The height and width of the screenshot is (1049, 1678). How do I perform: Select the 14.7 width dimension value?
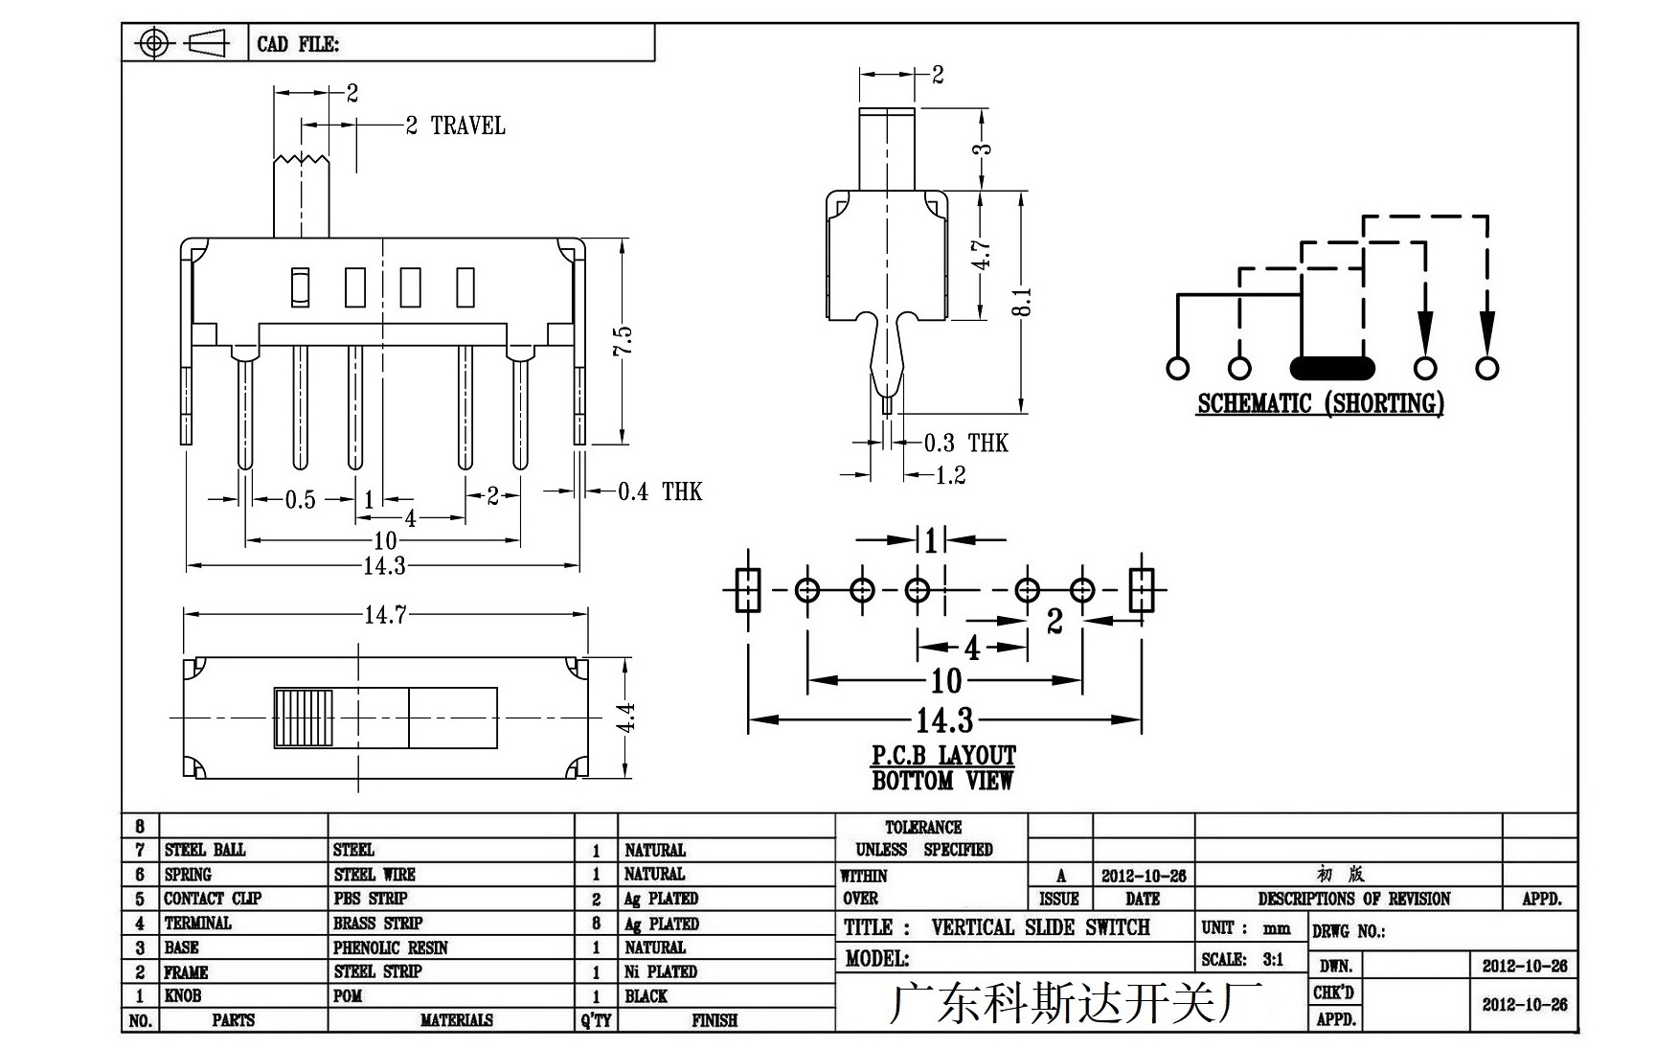point(385,614)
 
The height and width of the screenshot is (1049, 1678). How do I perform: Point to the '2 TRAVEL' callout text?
point(456,125)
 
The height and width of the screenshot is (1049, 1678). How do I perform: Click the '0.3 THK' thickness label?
point(966,443)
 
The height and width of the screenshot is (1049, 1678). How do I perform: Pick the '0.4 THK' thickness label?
point(660,491)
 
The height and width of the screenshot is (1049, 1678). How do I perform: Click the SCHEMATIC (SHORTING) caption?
point(1320,403)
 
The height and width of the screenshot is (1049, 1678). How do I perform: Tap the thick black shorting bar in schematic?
point(1332,368)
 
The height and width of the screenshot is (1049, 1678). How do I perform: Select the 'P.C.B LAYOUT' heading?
point(943,756)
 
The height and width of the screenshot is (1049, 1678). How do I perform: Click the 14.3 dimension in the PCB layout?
point(944,719)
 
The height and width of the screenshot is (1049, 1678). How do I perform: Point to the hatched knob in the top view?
point(303,718)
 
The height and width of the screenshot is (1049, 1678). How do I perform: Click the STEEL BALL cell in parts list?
point(205,850)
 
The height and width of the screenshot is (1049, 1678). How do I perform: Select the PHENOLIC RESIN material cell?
point(391,947)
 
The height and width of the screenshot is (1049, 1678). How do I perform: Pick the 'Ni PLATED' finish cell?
point(661,971)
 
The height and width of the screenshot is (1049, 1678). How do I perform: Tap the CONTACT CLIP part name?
point(213,899)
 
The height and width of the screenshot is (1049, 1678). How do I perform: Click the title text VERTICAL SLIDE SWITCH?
point(1040,927)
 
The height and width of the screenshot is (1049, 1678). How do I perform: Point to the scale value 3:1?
point(1273,959)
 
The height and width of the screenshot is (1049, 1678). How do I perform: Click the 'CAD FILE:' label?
point(298,44)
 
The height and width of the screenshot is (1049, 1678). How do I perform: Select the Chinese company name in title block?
point(1077,1003)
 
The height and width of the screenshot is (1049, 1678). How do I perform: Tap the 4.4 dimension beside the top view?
point(624,718)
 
